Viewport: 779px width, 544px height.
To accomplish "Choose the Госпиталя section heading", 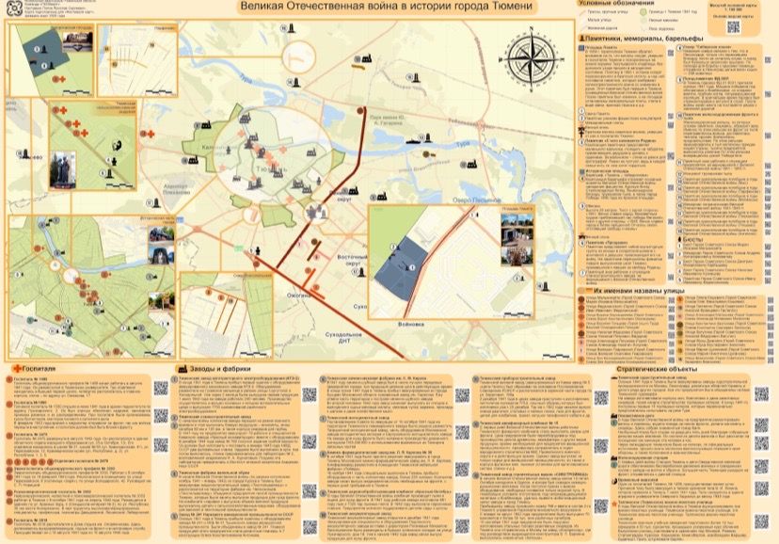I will pyautogui.click(x=37, y=369).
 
